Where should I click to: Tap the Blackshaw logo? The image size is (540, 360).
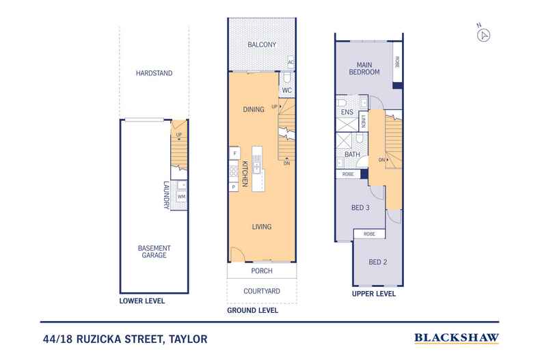[457, 338]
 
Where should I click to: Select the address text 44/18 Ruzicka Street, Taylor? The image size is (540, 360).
[124, 338]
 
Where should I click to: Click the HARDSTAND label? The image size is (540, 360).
[154, 72]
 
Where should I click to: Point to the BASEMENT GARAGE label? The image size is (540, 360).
[154, 251]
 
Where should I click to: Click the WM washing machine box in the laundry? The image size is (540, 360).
[181, 197]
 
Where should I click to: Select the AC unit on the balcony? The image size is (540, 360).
[291, 62]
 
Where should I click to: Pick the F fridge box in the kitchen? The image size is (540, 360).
[233, 153]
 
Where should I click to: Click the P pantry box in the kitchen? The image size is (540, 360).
[233, 186]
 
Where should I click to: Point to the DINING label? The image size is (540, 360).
[254, 109]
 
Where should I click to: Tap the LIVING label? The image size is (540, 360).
[262, 227]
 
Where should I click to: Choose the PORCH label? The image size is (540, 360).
[262, 271]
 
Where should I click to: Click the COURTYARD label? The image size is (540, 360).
[262, 290]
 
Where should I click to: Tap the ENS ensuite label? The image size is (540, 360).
[347, 113]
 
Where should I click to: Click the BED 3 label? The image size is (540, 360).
[360, 207]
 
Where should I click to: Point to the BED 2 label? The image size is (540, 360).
[377, 262]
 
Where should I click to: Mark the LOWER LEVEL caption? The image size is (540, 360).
[142, 301]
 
